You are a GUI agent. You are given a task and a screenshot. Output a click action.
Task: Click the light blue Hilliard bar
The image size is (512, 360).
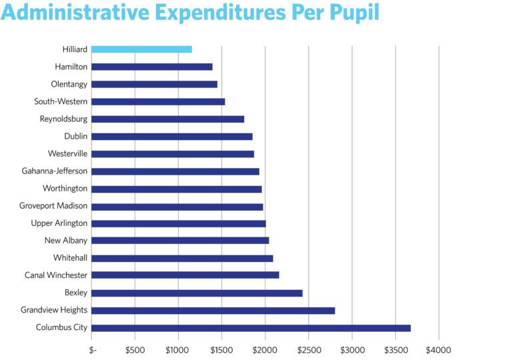[x=141, y=49]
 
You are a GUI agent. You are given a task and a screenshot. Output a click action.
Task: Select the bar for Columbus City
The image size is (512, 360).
[x=251, y=327]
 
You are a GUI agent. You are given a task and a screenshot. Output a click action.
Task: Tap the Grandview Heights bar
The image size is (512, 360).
[x=213, y=310]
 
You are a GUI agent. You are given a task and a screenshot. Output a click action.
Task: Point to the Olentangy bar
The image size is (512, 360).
[x=154, y=84]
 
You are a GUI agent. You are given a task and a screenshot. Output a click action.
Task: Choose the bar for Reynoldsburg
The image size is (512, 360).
[x=167, y=119]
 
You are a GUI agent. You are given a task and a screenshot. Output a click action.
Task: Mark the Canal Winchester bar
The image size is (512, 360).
[x=185, y=275]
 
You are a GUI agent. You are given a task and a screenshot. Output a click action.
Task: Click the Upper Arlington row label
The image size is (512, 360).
[x=59, y=223]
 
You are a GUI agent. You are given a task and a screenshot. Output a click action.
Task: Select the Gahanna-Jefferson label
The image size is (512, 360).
[x=55, y=171]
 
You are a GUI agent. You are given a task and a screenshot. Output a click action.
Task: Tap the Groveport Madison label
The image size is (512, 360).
[x=53, y=206]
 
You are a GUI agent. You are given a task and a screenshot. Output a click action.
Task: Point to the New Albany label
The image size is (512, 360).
[x=66, y=241]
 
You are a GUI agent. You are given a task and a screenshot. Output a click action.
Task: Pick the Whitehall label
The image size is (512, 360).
[x=70, y=258]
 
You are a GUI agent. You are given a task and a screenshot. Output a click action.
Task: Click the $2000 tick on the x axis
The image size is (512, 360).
[x=265, y=349]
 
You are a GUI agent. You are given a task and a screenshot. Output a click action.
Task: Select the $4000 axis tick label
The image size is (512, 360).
[x=438, y=349]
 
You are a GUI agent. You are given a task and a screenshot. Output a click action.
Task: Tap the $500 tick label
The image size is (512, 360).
[x=135, y=349]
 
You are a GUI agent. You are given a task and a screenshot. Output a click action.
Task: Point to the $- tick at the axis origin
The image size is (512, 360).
[x=93, y=349]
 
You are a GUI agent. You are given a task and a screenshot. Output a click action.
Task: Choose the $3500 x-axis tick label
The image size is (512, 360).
[x=395, y=349]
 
